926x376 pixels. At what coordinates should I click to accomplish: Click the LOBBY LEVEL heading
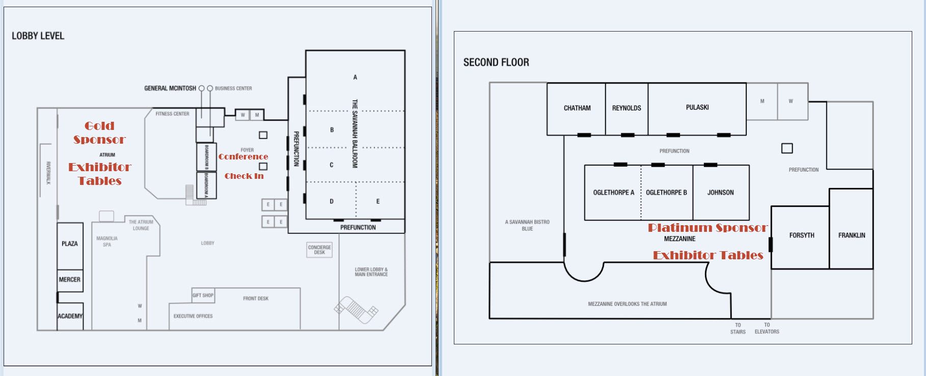tap(38, 36)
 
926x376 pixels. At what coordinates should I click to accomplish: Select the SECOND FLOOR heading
tap(496, 62)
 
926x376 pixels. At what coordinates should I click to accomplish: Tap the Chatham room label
tap(577, 108)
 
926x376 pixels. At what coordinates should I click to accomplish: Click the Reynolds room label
tap(627, 108)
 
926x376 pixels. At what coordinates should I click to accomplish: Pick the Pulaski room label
tap(697, 108)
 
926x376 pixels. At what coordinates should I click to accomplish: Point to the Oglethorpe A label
tap(613, 193)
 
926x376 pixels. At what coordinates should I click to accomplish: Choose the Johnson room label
tap(720, 193)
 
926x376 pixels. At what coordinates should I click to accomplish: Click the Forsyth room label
tap(802, 235)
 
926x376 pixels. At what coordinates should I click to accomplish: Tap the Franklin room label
tap(852, 235)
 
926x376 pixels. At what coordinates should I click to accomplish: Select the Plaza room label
tap(70, 244)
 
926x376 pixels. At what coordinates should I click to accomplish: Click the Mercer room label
tap(70, 280)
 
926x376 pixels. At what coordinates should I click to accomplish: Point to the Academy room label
tap(70, 316)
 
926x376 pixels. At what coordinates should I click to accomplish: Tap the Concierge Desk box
tap(319, 250)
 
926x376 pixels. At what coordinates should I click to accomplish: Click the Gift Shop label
tap(203, 296)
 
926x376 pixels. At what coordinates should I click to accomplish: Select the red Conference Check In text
tap(243, 166)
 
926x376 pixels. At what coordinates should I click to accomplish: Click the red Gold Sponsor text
tap(99, 132)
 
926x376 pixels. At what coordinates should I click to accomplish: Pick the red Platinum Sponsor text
tap(707, 228)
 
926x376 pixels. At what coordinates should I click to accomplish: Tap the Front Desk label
tap(256, 299)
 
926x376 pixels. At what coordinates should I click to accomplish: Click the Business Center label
tap(233, 89)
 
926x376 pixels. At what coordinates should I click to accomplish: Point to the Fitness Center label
tap(172, 114)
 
